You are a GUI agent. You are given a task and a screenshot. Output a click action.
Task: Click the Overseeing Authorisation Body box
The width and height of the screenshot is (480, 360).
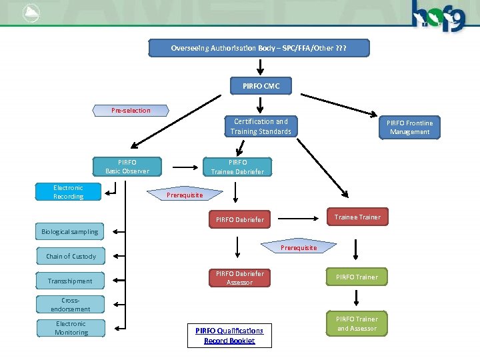pyautogui.click(x=258, y=48)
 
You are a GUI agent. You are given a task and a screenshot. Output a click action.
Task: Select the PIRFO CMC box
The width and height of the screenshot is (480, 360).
pyautogui.click(x=261, y=86)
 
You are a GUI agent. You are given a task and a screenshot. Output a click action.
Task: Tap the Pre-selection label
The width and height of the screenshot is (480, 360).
pyautogui.click(x=131, y=110)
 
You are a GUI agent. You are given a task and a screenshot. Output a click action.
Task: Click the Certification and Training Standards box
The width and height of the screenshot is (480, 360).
pyautogui.click(x=261, y=127)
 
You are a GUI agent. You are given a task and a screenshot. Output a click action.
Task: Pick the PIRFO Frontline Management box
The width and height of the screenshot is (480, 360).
pyautogui.click(x=409, y=127)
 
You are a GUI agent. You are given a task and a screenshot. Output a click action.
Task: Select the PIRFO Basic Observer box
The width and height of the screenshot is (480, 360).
pyautogui.click(x=127, y=167)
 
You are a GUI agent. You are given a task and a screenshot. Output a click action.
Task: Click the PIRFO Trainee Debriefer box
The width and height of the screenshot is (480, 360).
pyautogui.click(x=237, y=167)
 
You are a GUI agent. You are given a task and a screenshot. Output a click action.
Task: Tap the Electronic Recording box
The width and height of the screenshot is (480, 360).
pyautogui.click(x=69, y=192)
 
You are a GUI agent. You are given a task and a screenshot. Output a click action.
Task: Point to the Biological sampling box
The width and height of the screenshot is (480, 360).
pyautogui.click(x=70, y=231)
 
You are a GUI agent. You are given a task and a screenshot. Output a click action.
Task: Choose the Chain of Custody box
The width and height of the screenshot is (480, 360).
pyautogui.click(x=71, y=256)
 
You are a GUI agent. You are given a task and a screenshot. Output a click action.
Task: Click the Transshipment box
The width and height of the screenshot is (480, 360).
pyautogui.click(x=70, y=281)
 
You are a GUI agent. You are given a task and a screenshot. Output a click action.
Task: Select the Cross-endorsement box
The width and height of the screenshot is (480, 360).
pyautogui.click(x=71, y=305)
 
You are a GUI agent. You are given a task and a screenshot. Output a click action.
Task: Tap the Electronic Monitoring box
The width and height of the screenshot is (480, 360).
pyautogui.click(x=71, y=328)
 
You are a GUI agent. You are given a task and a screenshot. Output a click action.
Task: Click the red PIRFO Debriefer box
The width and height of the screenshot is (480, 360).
pyautogui.click(x=239, y=219)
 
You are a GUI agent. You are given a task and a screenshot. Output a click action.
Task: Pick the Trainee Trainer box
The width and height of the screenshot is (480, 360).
pyautogui.click(x=357, y=217)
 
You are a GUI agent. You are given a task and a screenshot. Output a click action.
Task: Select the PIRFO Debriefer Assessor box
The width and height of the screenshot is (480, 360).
pyautogui.click(x=239, y=278)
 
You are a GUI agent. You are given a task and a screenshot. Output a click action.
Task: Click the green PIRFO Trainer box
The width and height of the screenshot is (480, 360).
pyautogui.click(x=357, y=277)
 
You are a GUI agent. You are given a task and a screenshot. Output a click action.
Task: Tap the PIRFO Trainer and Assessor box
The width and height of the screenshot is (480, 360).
pyautogui.click(x=357, y=324)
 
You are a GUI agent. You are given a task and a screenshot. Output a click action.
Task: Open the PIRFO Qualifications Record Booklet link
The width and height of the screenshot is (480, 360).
pyautogui.click(x=229, y=335)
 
